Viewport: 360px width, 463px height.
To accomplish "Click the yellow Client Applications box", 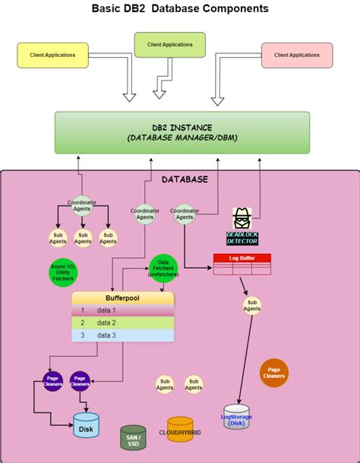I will point(53,55).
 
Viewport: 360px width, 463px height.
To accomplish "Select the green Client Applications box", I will point(169,45).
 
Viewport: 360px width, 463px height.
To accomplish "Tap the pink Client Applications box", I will point(297,55).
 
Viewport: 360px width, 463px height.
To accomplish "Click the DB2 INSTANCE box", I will point(182,132).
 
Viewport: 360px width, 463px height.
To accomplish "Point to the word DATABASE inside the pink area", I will point(185,179).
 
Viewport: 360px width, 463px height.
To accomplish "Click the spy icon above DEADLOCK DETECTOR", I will point(242,218).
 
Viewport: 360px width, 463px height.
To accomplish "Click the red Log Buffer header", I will point(241,258).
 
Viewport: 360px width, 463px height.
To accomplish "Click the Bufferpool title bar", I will point(123,299).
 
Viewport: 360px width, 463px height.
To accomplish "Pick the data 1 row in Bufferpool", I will point(123,310).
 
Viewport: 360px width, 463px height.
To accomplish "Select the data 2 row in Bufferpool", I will point(123,322).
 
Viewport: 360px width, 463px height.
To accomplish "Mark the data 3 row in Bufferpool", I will point(123,335).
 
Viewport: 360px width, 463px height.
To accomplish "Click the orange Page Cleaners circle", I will point(273,372).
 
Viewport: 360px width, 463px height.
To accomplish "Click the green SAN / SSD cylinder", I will point(134,437).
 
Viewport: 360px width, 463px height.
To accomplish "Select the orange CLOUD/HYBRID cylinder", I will point(180,430).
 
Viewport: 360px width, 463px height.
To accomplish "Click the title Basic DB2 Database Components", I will point(180,9).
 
